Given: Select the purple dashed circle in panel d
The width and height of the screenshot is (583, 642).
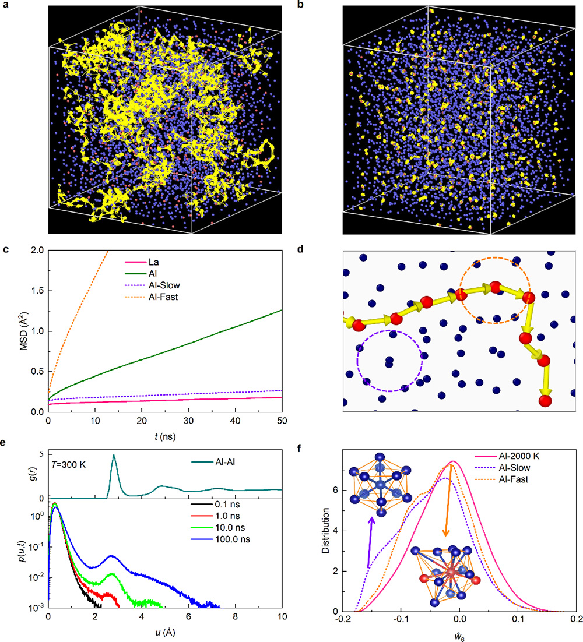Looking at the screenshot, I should coord(389,361).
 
